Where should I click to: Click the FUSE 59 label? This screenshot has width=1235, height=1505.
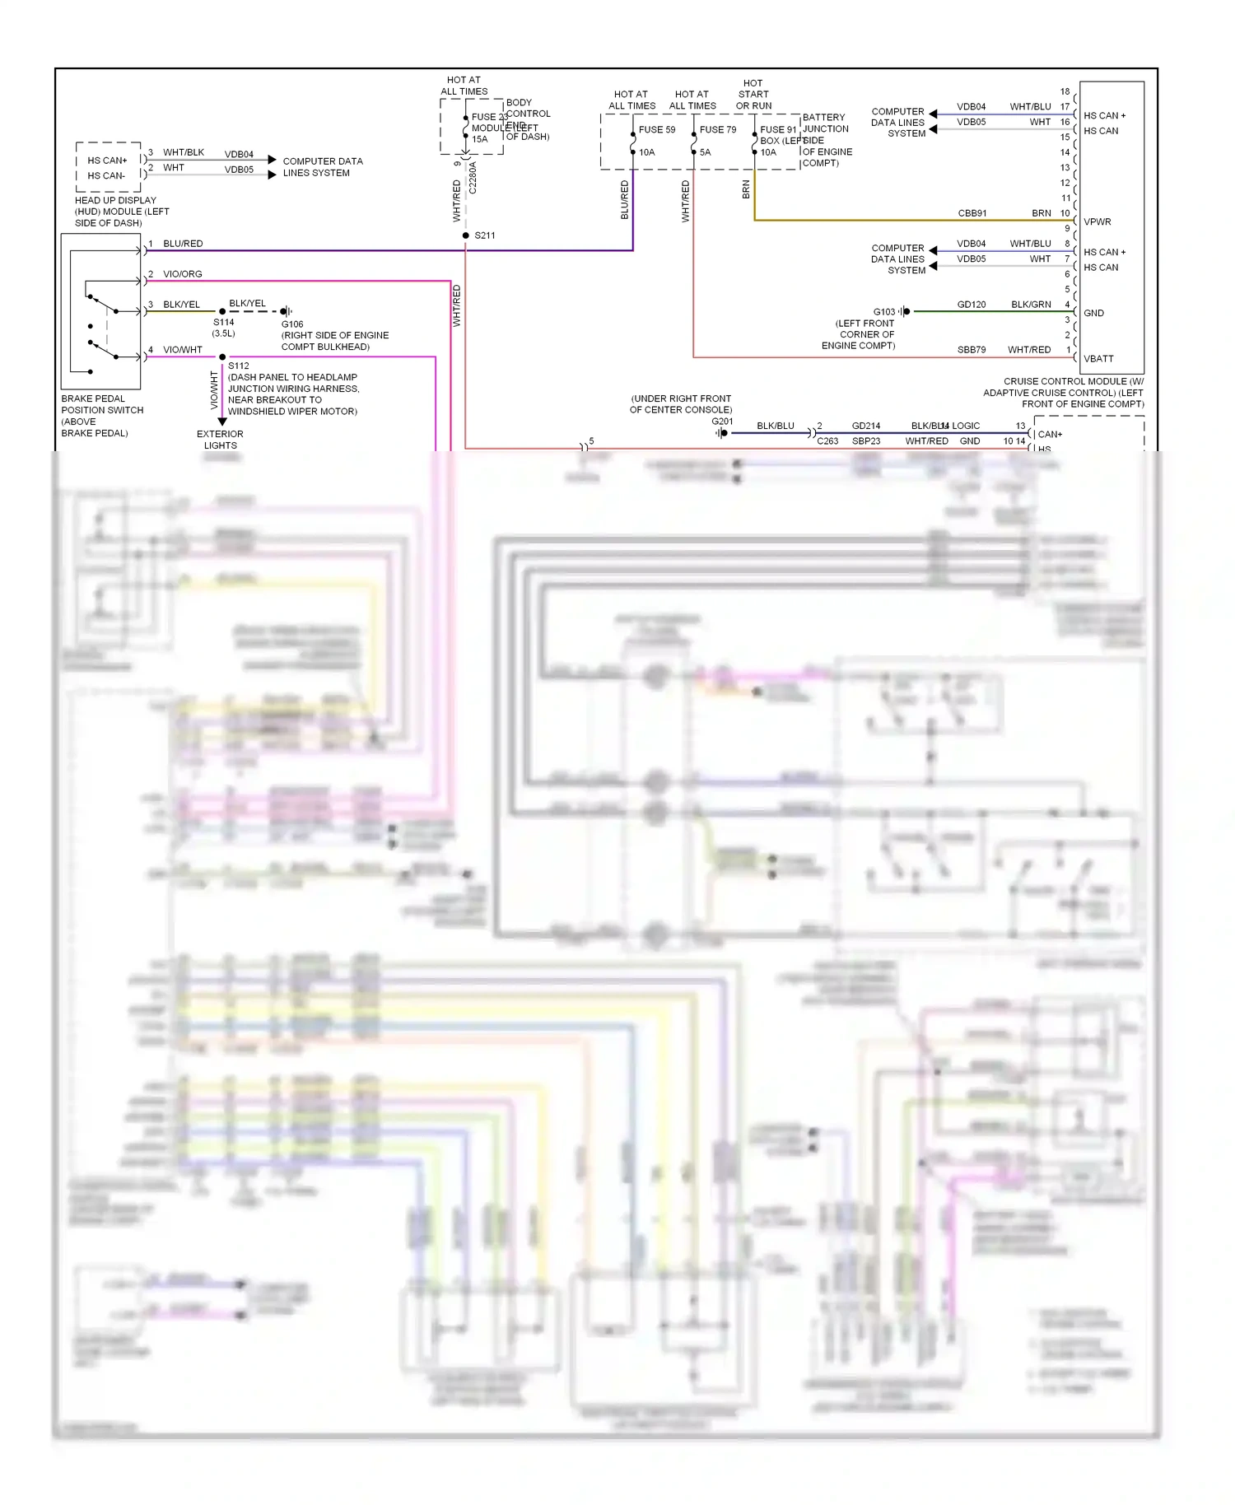point(656,129)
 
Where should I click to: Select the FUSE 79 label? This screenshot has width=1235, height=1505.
point(717,129)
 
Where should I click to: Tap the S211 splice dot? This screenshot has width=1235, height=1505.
point(465,235)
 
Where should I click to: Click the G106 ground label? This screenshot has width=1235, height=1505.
point(292,324)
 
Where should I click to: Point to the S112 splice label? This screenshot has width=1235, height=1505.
point(239,366)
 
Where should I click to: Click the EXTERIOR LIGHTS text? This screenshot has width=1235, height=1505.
point(220,440)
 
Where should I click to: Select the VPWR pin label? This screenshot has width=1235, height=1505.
point(1097,221)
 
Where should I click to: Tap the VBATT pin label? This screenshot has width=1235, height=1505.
point(1098,358)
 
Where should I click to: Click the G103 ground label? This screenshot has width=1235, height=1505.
point(883,312)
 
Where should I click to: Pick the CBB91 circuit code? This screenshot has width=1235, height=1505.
point(972,213)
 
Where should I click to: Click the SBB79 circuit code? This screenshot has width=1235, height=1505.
point(971,350)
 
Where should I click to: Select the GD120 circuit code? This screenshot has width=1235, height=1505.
point(971,305)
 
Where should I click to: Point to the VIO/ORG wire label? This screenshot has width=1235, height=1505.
point(182,274)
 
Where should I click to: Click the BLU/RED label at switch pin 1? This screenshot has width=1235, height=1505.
point(182,244)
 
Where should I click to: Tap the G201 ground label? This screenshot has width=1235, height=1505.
point(721,422)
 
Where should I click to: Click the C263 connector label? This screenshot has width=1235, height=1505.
point(827,441)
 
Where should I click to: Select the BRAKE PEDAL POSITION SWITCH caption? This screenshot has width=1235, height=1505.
point(102,415)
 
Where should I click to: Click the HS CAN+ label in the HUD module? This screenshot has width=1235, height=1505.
point(107,161)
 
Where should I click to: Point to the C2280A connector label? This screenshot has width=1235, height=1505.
point(473,177)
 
